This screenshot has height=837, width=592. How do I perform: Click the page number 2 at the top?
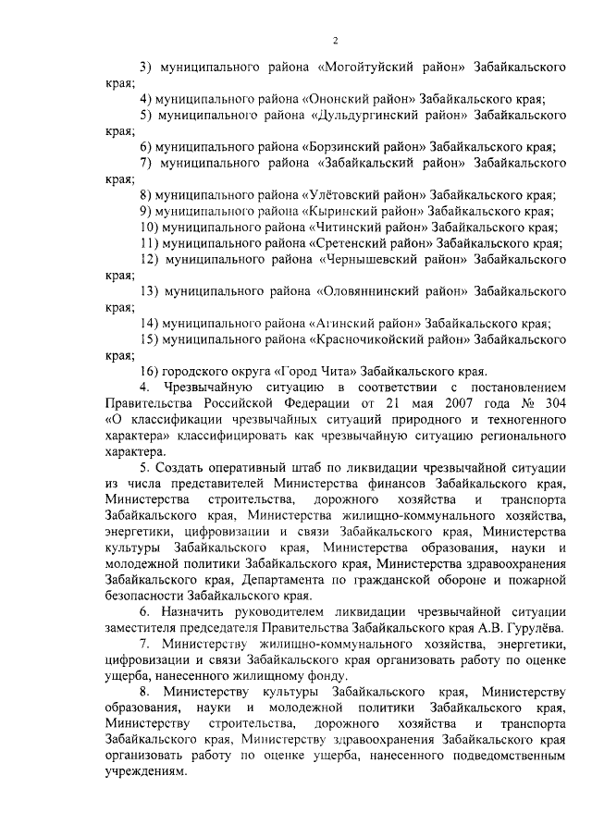(336, 38)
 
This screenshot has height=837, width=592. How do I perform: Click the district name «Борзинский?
(340, 147)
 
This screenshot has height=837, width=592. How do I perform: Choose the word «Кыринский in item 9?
(339, 211)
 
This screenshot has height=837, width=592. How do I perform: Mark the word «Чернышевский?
(364, 260)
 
